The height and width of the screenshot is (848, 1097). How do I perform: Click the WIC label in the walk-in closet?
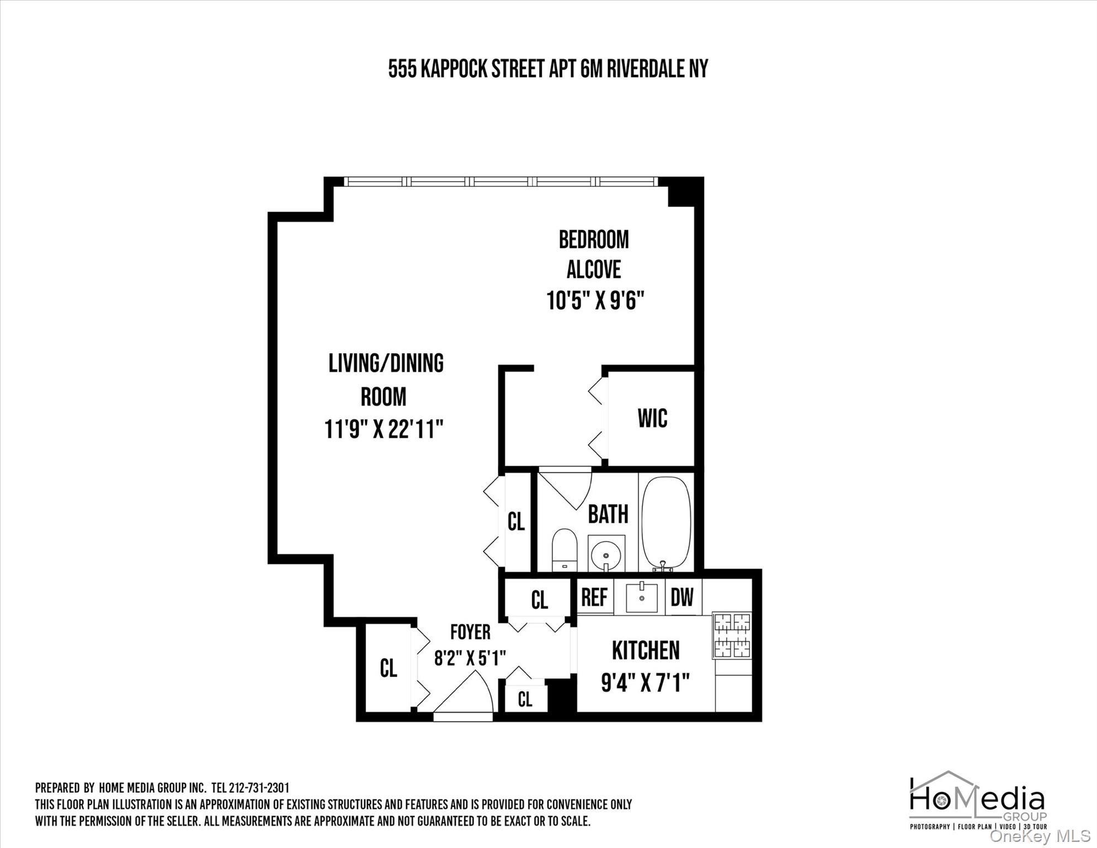[652, 418]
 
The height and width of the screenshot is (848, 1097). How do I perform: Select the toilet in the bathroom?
[564, 549]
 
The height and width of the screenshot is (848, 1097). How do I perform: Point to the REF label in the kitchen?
[594, 597]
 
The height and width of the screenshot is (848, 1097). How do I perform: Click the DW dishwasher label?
[682, 597]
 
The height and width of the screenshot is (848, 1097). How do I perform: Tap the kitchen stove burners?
[732, 635]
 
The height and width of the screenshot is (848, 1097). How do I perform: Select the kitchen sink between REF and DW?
[641, 597]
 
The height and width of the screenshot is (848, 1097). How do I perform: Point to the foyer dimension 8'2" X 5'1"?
[470, 658]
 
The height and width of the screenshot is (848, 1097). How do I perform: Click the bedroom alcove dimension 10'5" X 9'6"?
[595, 301]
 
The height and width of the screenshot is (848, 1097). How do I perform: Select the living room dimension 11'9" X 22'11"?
[384, 430]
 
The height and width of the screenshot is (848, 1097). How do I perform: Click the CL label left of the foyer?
[388, 668]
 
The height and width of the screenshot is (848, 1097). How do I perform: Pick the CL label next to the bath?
[516, 521]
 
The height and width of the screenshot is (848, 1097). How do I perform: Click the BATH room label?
[608, 514]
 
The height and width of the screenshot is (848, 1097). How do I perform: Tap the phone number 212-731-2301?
[259, 788]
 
